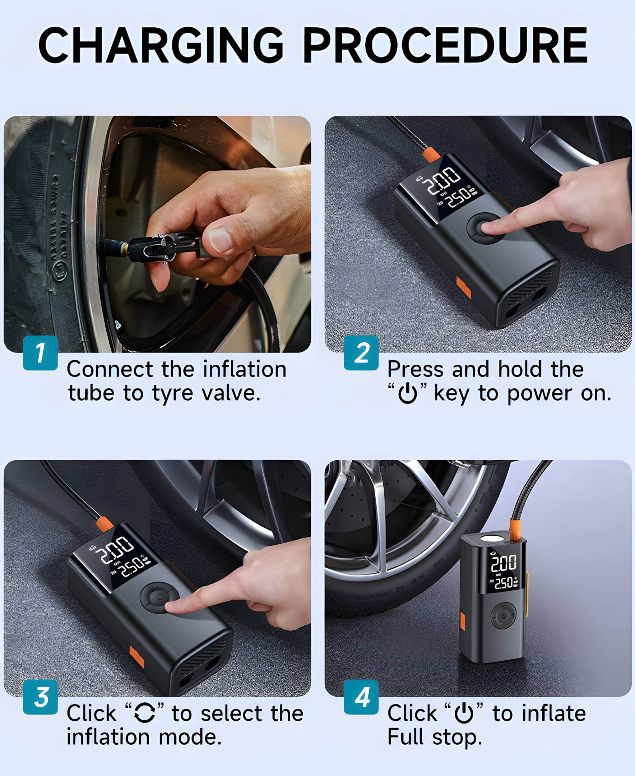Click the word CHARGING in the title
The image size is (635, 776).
point(161,46)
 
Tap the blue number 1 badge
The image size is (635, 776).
point(40,353)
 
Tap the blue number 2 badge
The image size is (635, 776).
point(361,353)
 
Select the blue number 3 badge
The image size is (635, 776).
point(40,697)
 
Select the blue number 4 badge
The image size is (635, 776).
point(361,697)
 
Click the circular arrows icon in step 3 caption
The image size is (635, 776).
point(144,713)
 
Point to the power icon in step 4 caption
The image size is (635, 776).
point(464,713)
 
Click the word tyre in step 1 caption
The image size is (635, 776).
point(172,393)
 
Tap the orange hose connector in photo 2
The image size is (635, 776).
point(432,154)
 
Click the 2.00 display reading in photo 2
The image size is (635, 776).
point(444,179)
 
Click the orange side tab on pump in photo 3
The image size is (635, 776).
point(137,657)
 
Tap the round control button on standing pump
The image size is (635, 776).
point(503,616)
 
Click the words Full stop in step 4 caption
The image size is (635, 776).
point(434,737)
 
